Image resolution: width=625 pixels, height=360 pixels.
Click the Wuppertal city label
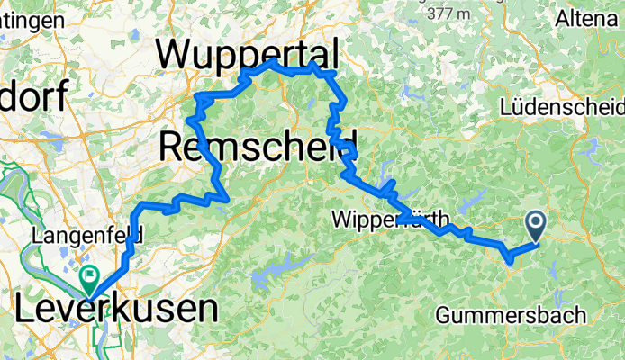(x=248, y=53)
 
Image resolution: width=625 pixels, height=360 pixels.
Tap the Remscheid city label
(x=258, y=144)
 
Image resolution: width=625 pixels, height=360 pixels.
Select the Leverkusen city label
(x=116, y=309)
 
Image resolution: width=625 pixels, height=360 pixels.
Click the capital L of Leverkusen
(x=24, y=309)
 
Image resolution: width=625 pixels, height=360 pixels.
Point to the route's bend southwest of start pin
(x=510, y=260)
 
